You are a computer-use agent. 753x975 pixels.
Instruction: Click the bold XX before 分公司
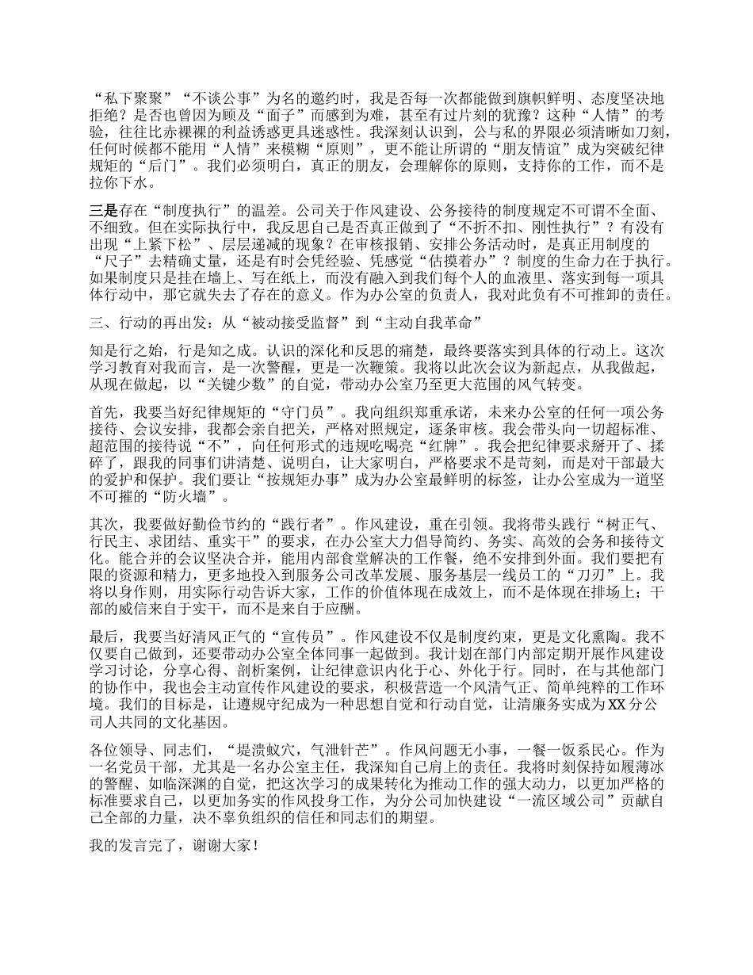(617, 702)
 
